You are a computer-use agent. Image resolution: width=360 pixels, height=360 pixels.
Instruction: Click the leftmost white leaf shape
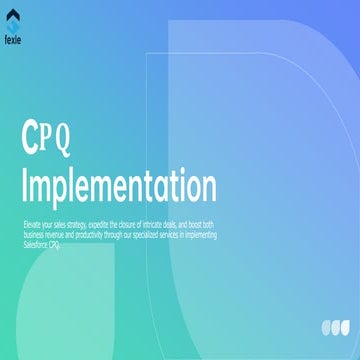tap(327, 326)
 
